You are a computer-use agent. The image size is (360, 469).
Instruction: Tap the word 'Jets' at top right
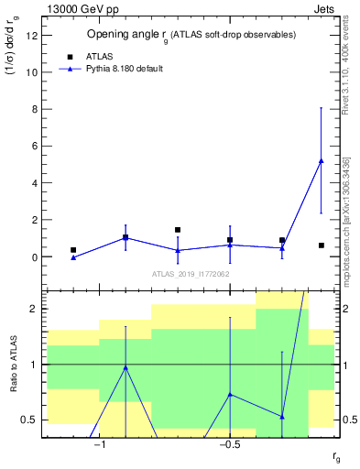click(322, 9)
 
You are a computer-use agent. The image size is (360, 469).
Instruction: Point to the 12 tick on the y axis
click(34, 35)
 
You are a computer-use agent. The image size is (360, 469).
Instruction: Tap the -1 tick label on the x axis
click(100, 445)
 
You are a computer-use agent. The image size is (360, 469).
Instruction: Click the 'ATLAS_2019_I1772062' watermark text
click(191, 274)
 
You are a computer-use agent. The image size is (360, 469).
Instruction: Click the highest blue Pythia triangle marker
click(321, 161)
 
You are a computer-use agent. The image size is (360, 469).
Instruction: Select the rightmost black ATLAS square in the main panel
click(321, 245)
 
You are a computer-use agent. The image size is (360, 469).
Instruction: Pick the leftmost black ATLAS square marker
click(73, 250)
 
